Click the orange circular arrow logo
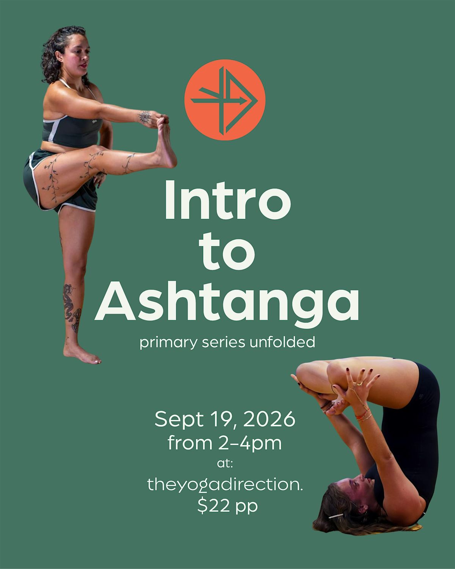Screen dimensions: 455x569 coord(225,100)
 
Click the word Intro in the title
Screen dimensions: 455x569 coord(228,200)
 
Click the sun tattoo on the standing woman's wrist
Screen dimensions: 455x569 coord(145,117)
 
